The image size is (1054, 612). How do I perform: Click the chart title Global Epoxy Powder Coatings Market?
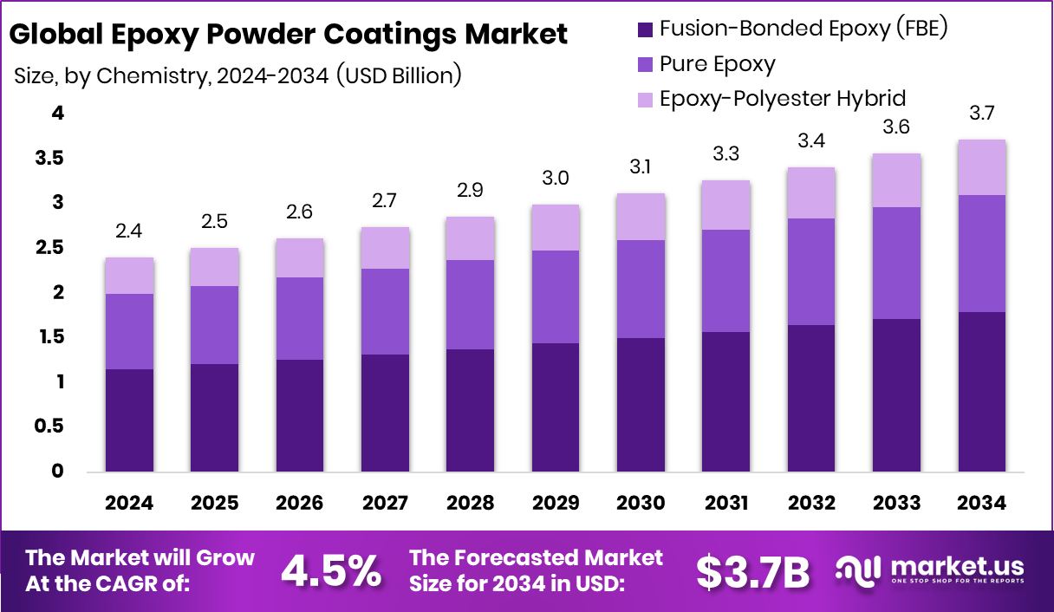pos(288,35)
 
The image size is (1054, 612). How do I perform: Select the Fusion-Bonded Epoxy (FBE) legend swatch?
pos(645,29)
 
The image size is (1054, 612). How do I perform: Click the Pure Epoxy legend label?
pos(717,63)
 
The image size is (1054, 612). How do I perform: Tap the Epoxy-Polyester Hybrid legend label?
pos(782,98)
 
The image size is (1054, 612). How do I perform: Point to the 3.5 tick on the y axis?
pos(49,158)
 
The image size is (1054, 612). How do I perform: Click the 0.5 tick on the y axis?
pos(49,426)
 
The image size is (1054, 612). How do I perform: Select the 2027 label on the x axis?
pos(385,504)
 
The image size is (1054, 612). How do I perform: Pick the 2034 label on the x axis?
pos(982,504)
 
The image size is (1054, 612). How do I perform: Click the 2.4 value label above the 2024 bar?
pos(129,231)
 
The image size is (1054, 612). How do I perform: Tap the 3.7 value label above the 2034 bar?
pos(982,113)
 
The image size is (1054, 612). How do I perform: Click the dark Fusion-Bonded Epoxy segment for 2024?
pos(129,420)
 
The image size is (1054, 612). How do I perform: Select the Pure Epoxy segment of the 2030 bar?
pos(641,289)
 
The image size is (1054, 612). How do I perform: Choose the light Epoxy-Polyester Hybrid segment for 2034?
pos(982,167)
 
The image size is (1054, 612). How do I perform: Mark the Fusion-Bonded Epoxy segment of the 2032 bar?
pos(811,399)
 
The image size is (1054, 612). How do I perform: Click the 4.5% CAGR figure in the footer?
pos(331,571)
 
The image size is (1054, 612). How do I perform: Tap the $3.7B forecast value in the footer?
pos(752,571)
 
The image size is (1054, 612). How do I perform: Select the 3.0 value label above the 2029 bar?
pos(556,178)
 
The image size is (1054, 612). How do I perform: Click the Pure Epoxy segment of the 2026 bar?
pos(300,318)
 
